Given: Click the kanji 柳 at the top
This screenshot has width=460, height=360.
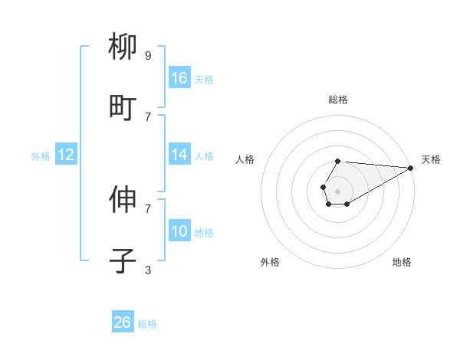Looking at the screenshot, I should coord(123,47).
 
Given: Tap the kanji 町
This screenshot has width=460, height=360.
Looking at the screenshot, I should coord(123,108).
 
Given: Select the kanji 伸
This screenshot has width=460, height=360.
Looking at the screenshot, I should coord(123,201).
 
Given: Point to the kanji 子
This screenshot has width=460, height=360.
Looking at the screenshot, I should coord(123,261).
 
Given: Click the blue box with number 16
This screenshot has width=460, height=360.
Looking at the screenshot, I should coord(179,78).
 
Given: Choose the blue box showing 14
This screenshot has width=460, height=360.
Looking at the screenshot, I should coord(179,155).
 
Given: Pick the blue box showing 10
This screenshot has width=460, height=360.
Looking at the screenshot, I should coord(179,231).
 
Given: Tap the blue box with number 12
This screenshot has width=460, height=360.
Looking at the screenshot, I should coord(66,155).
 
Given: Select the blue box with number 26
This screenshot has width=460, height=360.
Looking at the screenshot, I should coord(123,322).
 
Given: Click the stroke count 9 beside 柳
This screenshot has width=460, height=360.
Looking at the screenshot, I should coord(148,55).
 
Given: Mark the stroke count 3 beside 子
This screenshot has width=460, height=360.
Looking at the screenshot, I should coord(148,270).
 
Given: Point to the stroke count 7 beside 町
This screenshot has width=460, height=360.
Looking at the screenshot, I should coord(148,116).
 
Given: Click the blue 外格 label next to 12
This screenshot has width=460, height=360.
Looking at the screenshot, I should coord(41,156).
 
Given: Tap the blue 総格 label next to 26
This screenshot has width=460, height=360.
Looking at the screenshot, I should coord(147,324).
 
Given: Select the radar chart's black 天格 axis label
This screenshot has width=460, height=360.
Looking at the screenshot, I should coord(431,159).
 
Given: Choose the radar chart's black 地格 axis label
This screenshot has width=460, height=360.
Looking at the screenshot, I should coord(402,262).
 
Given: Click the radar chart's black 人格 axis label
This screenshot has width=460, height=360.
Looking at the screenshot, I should coord(245,159).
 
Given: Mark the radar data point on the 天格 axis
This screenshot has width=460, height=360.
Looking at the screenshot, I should coord(410,167).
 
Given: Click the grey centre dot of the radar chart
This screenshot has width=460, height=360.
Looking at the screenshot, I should coord(337,190).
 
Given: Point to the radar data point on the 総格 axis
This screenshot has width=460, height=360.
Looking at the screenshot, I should coord(337,161).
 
